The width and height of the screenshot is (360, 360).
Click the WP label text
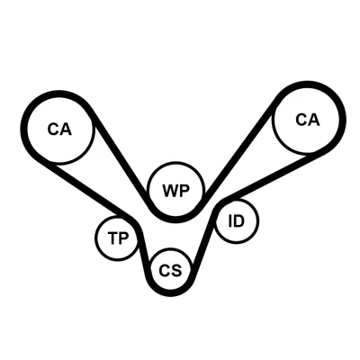(x=176, y=191)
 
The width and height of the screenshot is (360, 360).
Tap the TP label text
(x=118, y=238)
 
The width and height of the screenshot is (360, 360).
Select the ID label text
(x=237, y=221)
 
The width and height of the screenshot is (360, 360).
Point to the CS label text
(x=170, y=270)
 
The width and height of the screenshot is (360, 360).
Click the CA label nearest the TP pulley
(x=59, y=130)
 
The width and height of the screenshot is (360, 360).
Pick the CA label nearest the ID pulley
(x=308, y=120)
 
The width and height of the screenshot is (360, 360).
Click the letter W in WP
(x=170, y=191)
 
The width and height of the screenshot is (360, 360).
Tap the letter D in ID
(x=239, y=221)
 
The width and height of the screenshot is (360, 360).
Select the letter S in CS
(x=176, y=270)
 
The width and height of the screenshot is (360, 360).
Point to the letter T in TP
(x=113, y=238)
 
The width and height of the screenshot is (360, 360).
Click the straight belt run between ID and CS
(x=204, y=240)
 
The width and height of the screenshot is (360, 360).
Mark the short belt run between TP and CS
(x=142, y=250)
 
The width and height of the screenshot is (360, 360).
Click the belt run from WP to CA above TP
(x=120, y=156)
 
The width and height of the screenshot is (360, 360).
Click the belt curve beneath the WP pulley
(x=175, y=220)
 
